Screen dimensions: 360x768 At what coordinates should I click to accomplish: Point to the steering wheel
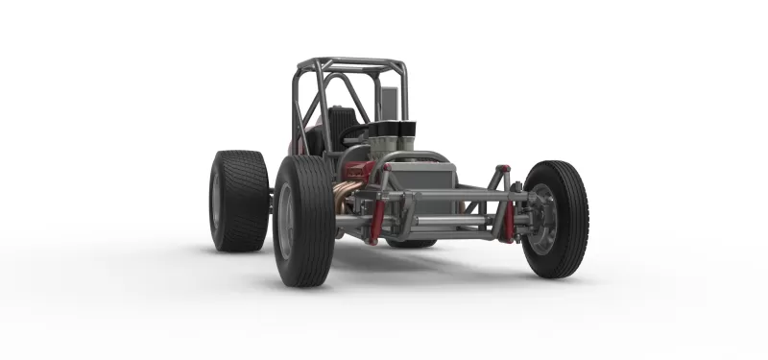click(357, 135)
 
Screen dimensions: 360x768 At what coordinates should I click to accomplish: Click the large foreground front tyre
click(304, 221)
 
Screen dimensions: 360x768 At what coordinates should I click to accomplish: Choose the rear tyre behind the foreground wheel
click(239, 200)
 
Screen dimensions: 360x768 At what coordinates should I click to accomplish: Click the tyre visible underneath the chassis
click(413, 243)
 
